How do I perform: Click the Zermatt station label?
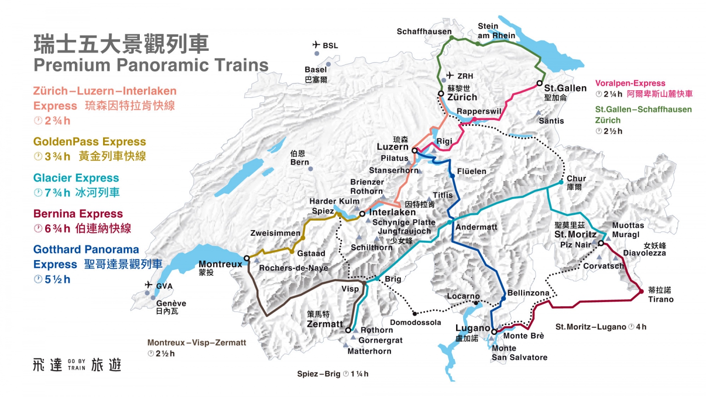pyautogui.click(x=325, y=324)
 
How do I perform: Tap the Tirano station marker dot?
pyautogui.click(x=641, y=292)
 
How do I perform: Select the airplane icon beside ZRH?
pyautogui.click(x=450, y=75)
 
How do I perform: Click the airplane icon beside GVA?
pyautogui.click(x=149, y=285)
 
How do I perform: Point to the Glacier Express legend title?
pyautogui.click(x=76, y=178)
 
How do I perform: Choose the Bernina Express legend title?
pyautogui.click(x=78, y=214)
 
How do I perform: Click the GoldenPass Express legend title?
pyautogui.click(x=89, y=142)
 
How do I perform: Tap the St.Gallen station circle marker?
pyautogui.click(x=539, y=83)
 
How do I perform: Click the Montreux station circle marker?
pyautogui.click(x=247, y=258)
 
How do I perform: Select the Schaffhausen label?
pyautogui.click(x=424, y=32)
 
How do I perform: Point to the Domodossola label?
pyautogui.click(x=416, y=323)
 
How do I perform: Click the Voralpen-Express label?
pyautogui.click(x=630, y=83)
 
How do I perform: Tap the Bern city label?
pyautogui.click(x=299, y=162)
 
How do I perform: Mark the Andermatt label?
pyautogui.click(x=476, y=227)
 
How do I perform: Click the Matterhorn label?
pyautogui.click(x=369, y=351)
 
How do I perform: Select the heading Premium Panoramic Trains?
pyautogui.click(x=151, y=65)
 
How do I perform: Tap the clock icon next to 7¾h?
pyautogui.click(x=38, y=193)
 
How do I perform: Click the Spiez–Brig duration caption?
pyautogui.click(x=332, y=374)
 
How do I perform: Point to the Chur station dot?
pyautogui.click(x=561, y=182)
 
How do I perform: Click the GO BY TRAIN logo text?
pyautogui.click(x=76, y=365)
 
